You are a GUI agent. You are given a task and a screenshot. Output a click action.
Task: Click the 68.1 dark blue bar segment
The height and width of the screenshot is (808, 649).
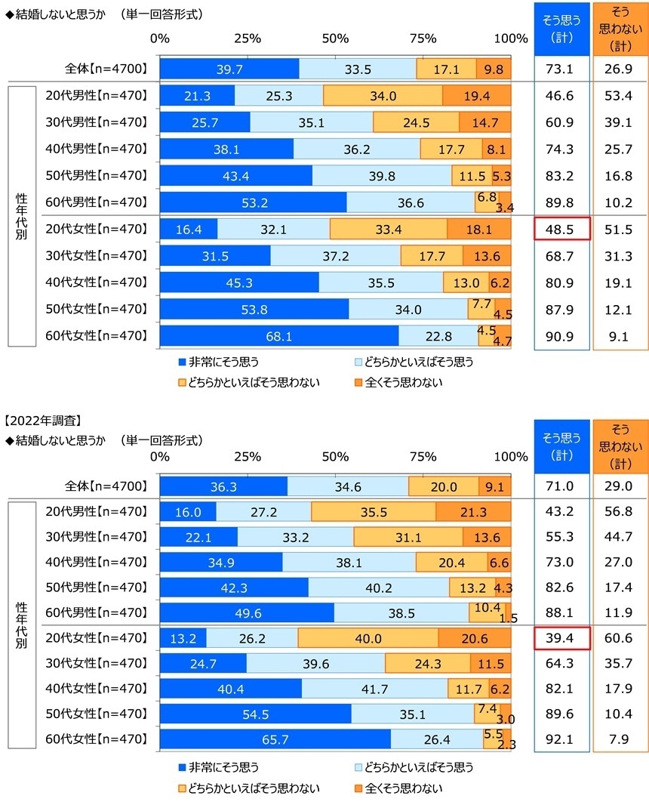point(279,335)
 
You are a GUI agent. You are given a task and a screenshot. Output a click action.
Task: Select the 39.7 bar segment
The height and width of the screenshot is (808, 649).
point(229,69)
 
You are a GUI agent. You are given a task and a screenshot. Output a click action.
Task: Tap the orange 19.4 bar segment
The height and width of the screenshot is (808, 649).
point(476,96)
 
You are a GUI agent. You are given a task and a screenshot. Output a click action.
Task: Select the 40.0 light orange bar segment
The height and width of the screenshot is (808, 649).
point(368,639)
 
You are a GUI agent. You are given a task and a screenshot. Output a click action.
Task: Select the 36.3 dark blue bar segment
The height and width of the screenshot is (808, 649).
point(223,486)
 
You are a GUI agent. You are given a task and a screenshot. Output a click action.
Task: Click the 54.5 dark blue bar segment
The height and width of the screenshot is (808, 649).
point(255,714)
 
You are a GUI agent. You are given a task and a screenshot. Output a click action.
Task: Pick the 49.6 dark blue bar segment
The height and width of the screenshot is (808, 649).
point(247,613)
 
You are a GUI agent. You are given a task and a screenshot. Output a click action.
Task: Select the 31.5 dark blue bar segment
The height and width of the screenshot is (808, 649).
point(215,255)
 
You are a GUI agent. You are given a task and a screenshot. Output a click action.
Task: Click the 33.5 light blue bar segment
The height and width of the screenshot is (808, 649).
point(358,69)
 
